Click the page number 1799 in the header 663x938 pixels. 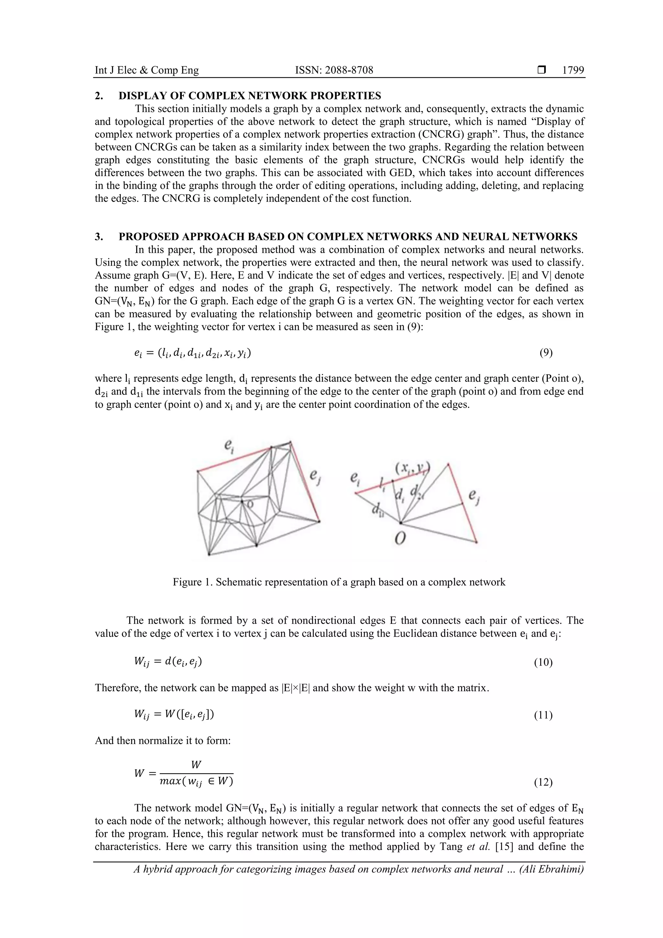click(x=573, y=70)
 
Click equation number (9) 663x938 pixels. click(x=546, y=353)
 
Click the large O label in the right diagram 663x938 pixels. click(x=400, y=539)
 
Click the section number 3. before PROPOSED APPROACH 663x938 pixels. click(x=99, y=237)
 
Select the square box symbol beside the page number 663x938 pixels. click(x=542, y=70)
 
